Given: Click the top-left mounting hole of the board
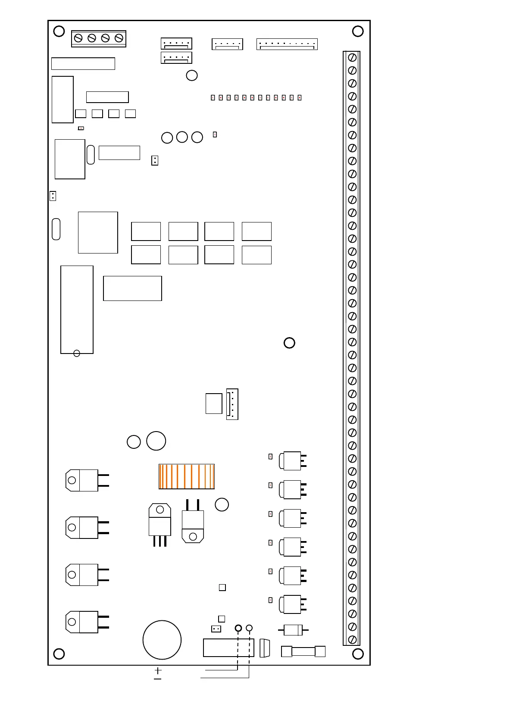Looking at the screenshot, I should [59, 31].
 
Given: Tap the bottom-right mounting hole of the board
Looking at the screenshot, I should [358, 654].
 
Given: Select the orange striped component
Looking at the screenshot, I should [187, 476].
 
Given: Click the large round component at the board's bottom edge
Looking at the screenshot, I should [162, 640].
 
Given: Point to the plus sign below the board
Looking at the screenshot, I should [158, 670].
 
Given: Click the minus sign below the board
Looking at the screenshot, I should [158, 679].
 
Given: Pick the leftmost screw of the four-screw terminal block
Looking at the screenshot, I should [78, 38].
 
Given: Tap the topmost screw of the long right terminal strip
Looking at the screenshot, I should [352, 57].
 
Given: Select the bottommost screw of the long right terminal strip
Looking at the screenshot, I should [352, 640].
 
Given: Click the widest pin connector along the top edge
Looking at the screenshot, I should [287, 44].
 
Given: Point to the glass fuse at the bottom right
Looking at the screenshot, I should [303, 651].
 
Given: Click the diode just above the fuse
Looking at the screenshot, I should [293, 630].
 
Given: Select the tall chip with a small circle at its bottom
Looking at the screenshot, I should [77, 310].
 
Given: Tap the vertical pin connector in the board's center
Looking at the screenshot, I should [232, 404].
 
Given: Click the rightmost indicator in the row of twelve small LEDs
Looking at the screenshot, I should [300, 98].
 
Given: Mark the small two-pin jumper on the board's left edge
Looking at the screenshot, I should [53, 196].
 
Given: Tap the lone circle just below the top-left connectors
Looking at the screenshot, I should [192, 75].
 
